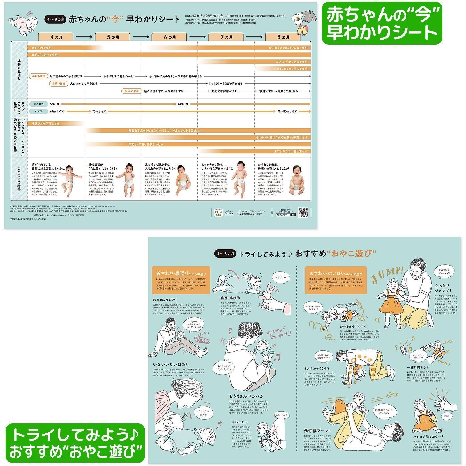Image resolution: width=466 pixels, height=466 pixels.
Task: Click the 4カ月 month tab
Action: [x=56, y=37]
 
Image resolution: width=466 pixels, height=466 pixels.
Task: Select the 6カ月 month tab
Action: [x=169, y=37]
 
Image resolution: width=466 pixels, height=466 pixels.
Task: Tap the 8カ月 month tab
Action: [x=283, y=37]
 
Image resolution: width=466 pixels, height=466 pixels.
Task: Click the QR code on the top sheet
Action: [x=303, y=212]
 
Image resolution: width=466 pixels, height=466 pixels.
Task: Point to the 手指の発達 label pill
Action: [x=38, y=76]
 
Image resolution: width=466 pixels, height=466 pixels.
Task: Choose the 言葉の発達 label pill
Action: [x=59, y=84]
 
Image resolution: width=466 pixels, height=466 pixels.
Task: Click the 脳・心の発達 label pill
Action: [x=132, y=91]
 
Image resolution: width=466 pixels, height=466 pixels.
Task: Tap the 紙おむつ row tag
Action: [x=38, y=104]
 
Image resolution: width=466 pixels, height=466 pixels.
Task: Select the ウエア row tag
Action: [x=38, y=111]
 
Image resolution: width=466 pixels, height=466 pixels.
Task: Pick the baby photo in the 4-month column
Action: [x=70, y=180]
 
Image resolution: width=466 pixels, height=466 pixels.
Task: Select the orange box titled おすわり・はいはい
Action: [x=336, y=280]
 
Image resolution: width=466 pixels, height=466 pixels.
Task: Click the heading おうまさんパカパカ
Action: [x=246, y=396]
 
